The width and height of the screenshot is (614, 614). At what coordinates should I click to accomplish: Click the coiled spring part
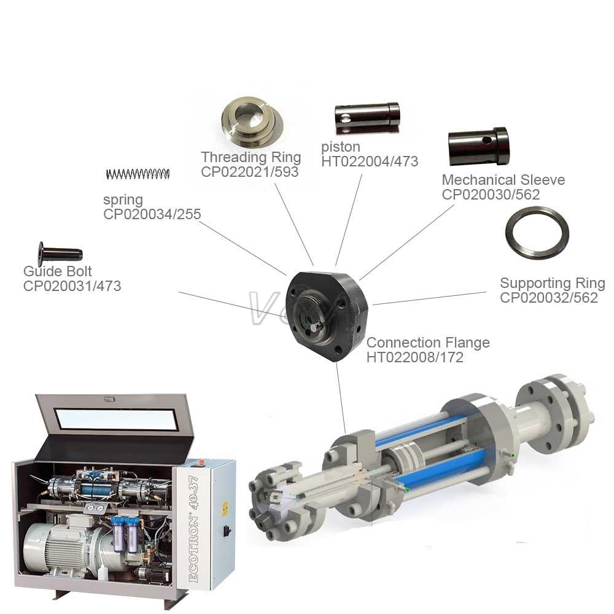pyautogui.click(x=138, y=174)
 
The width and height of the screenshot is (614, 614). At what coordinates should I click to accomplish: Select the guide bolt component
pyautogui.click(x=60, y=254)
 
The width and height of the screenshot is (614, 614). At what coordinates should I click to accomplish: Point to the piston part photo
pyautogui.click(x=367, y=117)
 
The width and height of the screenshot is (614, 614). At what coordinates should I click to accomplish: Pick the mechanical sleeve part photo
pyautogui.click(x=478, y=147)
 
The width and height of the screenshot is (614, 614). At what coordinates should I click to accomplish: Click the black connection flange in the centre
pyautogui.click(x=327, y=315)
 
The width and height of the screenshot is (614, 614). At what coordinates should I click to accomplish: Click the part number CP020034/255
pyautogui.click(x=152, y=214)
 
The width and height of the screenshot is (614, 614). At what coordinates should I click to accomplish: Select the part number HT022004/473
pyautogui.click(x=370, y=161)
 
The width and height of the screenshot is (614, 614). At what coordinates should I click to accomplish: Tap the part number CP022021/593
pyautogui.click(x=250, y=171)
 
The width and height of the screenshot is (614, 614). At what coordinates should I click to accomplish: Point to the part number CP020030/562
pyautogui.click(x=491, y=194)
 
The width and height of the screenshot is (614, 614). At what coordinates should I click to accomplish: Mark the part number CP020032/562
pyautogui.click(x=549, y=298)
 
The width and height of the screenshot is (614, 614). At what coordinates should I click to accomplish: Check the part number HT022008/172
pyautogui.click(x=414, y=357)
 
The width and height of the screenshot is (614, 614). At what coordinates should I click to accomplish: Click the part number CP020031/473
pyautogui.click(x=72, y=286)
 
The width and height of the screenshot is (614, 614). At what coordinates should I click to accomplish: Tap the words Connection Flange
pyautogui.click(x=428, y=343)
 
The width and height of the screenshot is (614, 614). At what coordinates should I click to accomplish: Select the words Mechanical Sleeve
pyautogui.click(x=503, y=180)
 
